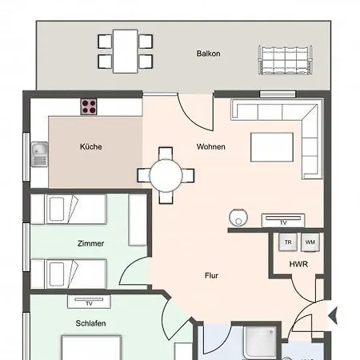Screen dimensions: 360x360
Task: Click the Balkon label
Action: [208, 54]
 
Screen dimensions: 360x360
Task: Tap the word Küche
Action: [90, 146]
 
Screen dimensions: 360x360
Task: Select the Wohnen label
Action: [211, 146]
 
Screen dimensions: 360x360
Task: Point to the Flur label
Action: [211, 275]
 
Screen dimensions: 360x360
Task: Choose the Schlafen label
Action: [91, 323]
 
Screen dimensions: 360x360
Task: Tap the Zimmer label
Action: [91, 242]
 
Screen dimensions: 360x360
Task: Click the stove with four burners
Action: [88, 106]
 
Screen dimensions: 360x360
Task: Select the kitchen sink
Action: [38, 152]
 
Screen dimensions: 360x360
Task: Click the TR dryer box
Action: [288, 242]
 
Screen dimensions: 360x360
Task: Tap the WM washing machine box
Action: [309, 242]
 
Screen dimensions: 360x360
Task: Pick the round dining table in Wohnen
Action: [166, 174]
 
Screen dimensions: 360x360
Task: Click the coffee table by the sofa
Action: [272, 147]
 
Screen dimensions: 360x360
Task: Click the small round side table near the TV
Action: [238, 216]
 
